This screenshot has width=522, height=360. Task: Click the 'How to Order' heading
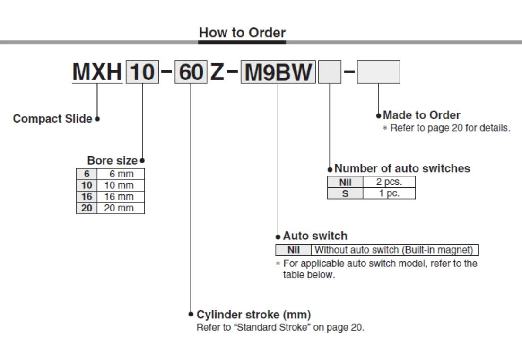click(x=242, y=33)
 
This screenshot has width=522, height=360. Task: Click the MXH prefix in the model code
click(x=97, y=72)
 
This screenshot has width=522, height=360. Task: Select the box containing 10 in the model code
click(x=142, y=72)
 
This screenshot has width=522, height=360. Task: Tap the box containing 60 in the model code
click(x=191, y=72)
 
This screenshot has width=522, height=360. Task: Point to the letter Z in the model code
click(x=217, y=72)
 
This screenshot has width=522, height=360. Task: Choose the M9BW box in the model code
click(x=278, y=72)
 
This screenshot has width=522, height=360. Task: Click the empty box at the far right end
click(x=378, y=72)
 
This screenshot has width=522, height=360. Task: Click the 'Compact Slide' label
click(x=52, y=119)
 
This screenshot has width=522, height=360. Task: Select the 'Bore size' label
click(x=113, y=160)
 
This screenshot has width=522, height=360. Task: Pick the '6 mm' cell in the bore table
click(x=121, y=174)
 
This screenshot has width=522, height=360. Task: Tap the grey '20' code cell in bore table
click(x=87, y=208)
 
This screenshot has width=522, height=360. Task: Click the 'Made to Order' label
click(x=421, y=115)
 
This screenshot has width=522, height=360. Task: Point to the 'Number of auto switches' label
click(x=402, y=168)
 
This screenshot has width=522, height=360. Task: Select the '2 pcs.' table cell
click(x=389, y=182)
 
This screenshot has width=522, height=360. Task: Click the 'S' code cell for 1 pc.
click(x=345, y=193)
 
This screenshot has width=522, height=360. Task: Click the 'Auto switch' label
click(x=315, y=236)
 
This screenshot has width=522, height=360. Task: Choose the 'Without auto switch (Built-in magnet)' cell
click(x=394, y=250)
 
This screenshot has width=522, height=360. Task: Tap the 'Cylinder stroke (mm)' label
click(x=253, y=315)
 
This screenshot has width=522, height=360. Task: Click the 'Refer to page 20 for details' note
click(x=450, y=128)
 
